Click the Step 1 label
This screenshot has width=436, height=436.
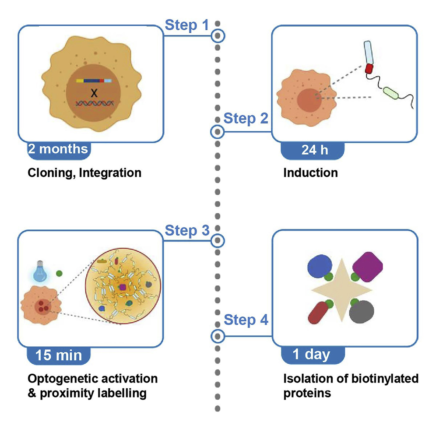click(186, 25)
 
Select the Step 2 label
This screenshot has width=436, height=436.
click(246, 119)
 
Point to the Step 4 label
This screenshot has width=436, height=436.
click(246, 320)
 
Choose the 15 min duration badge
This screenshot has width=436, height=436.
click(59, 355)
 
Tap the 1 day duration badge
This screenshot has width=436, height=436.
click(311, 354)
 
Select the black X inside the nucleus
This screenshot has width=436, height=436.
click(93, 92)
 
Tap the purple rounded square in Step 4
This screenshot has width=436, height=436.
click(368, 266)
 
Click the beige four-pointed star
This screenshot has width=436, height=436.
click(342, 289)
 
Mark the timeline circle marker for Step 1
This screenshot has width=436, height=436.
click(218, 36)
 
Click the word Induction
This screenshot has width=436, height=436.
click(310, 172)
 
